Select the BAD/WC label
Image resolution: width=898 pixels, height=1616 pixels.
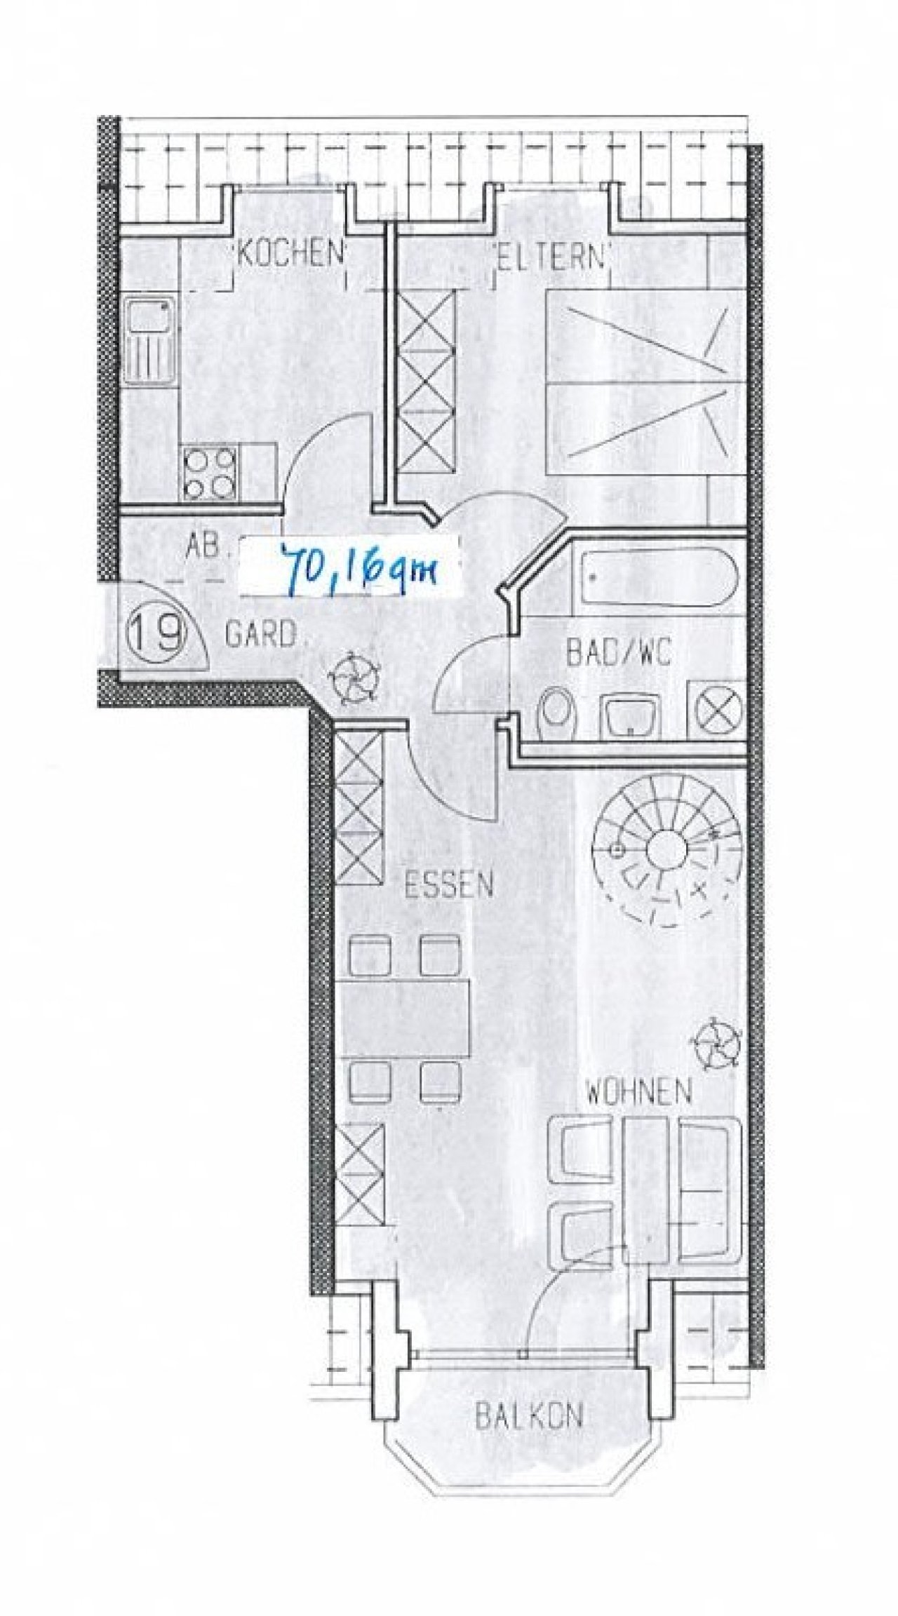coord(619,654)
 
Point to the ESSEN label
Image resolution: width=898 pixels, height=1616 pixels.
coord(449,886)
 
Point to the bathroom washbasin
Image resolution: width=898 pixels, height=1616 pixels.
coord(628,716)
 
